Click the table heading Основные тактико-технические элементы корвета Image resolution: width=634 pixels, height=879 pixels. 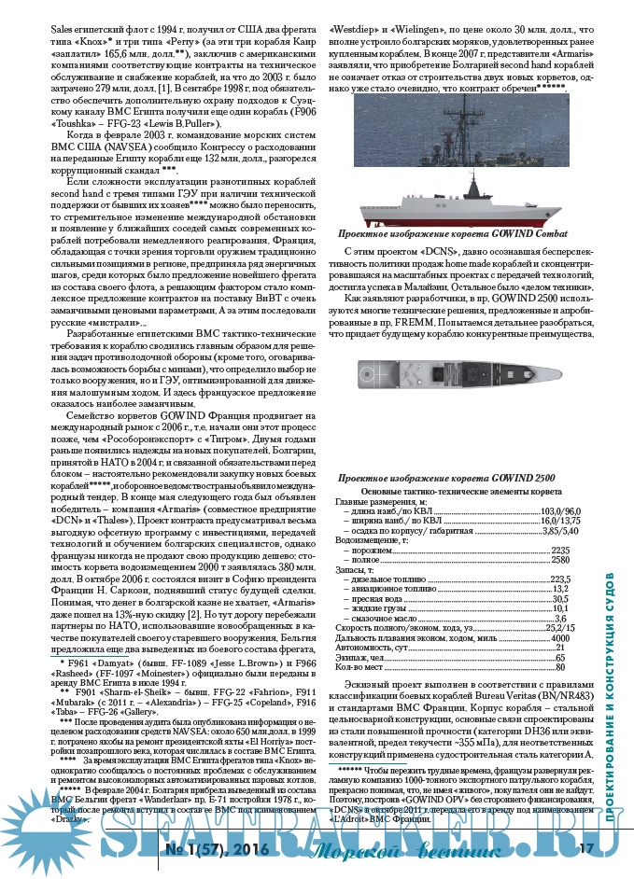tap(463, 490)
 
